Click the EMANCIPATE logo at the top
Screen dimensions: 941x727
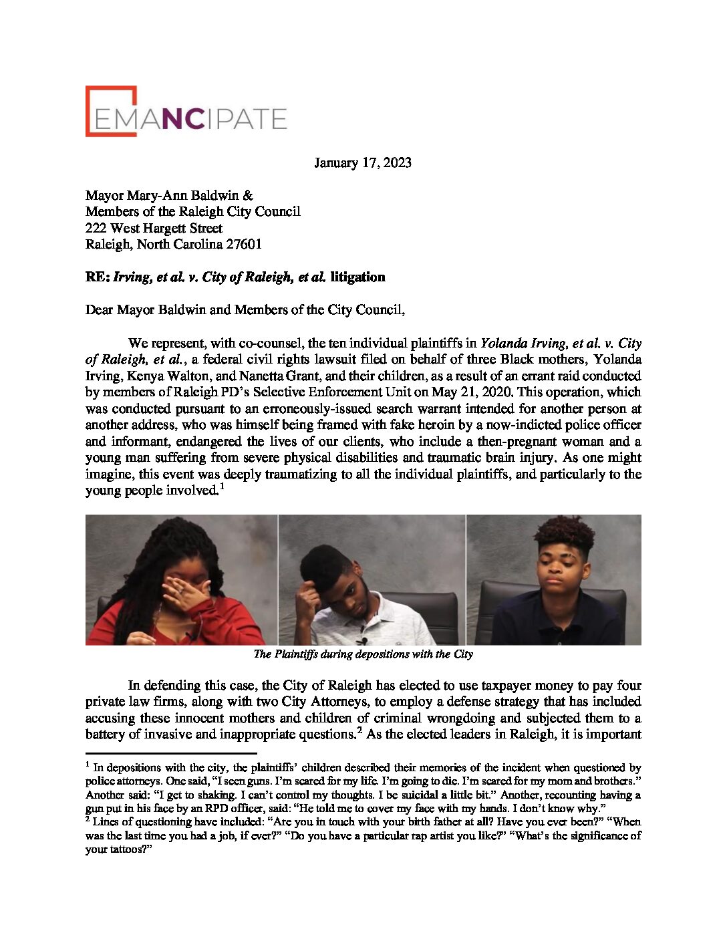186,112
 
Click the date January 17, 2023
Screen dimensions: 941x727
363,162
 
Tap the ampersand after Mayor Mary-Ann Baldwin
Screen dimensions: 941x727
248,195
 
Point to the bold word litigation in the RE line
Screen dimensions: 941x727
357,277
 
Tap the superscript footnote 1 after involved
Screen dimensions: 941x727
222,487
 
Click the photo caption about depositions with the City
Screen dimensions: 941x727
363,654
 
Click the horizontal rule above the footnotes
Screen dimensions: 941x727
171,753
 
